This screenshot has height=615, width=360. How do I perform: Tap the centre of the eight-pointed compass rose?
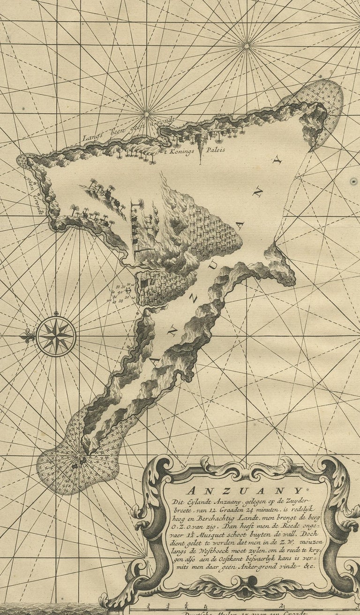click(56, 336)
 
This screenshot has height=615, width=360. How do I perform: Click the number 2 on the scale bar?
click(283, 605)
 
